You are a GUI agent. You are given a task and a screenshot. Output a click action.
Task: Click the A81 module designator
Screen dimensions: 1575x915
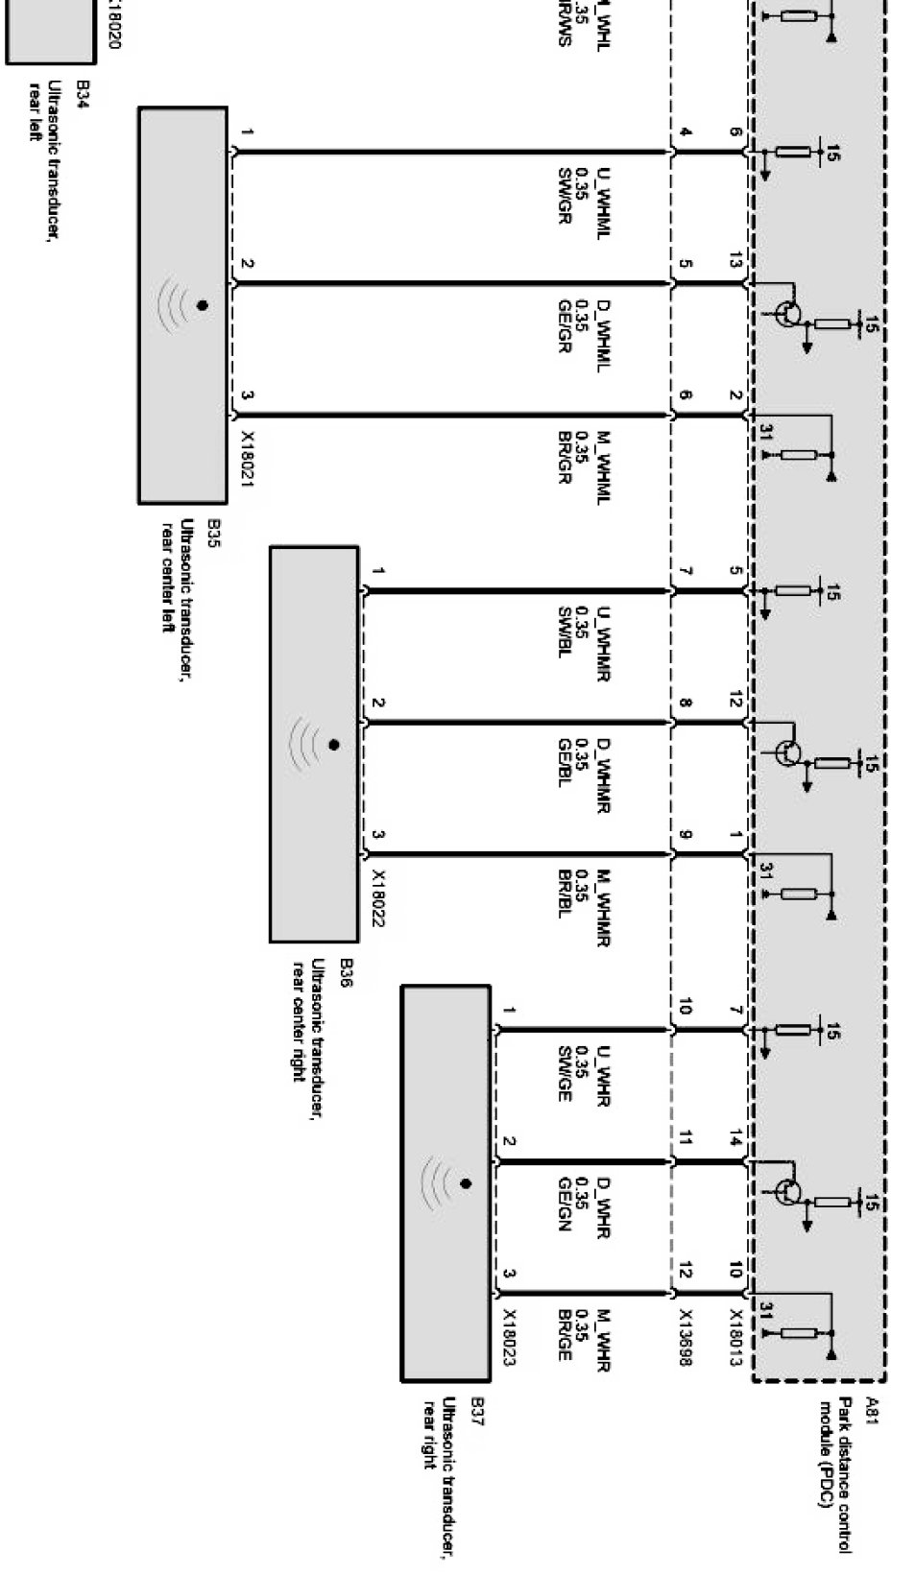coord(872,1407)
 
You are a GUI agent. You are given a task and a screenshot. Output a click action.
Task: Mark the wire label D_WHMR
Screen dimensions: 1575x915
coord(603,774)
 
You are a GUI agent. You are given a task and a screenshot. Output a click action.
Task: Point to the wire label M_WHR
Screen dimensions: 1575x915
coord(603,1338)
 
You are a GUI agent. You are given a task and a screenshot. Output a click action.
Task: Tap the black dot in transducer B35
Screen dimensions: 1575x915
coord(202,305)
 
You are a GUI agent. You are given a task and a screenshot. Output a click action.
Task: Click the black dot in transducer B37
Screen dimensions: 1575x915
coord(466,1183)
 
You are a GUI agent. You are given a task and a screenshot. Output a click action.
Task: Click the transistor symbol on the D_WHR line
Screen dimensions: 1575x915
coord(788,1191)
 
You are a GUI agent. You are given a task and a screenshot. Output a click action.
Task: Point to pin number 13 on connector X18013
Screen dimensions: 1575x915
coord(735,260)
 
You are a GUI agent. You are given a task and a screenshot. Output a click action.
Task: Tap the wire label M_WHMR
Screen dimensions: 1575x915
coord(603,907)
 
